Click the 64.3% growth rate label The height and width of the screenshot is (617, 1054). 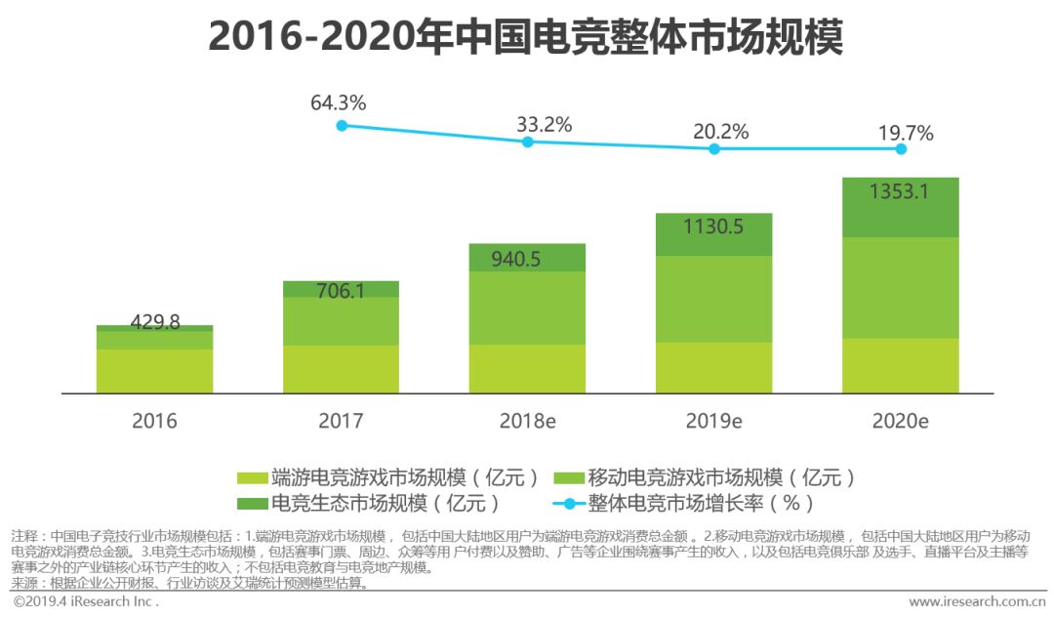point(338,103)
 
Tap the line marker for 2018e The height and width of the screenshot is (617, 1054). point(528,142)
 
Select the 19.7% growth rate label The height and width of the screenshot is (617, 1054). point(905,133)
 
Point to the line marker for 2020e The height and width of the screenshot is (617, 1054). point(901,149)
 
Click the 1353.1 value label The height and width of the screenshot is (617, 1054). point(900,191)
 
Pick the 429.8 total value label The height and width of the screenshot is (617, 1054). point(154,322)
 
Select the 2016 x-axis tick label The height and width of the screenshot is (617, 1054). point(154,422)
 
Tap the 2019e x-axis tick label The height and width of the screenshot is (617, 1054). point(713,422)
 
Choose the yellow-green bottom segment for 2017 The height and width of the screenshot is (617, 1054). point(341,369)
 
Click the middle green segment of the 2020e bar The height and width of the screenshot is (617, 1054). point(900,288)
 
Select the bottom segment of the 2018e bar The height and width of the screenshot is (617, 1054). point(527,368)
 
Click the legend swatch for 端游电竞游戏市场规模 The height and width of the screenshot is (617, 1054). point(252,477)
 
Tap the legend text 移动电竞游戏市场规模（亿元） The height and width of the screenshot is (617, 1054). point(721,477)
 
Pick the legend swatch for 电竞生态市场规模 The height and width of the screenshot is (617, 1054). point(252,504)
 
